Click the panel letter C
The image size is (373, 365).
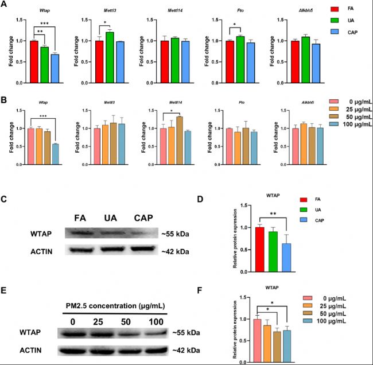(x=5, y=199)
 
